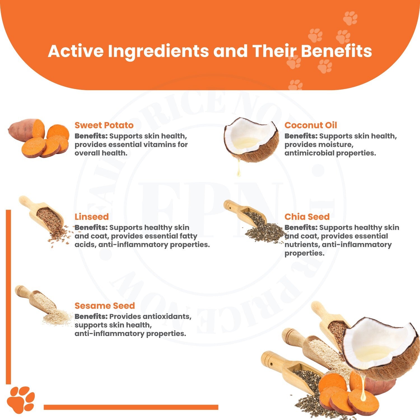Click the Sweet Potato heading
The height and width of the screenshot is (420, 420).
104,125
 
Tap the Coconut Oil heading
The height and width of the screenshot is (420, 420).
311,125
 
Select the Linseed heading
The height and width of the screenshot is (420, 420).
92,217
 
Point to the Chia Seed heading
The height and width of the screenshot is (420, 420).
307,217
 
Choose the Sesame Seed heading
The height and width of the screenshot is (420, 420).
104,306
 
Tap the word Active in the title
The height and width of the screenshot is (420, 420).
76,51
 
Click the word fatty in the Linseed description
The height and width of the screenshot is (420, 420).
188,236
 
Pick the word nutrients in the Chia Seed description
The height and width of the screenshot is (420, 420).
302,245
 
